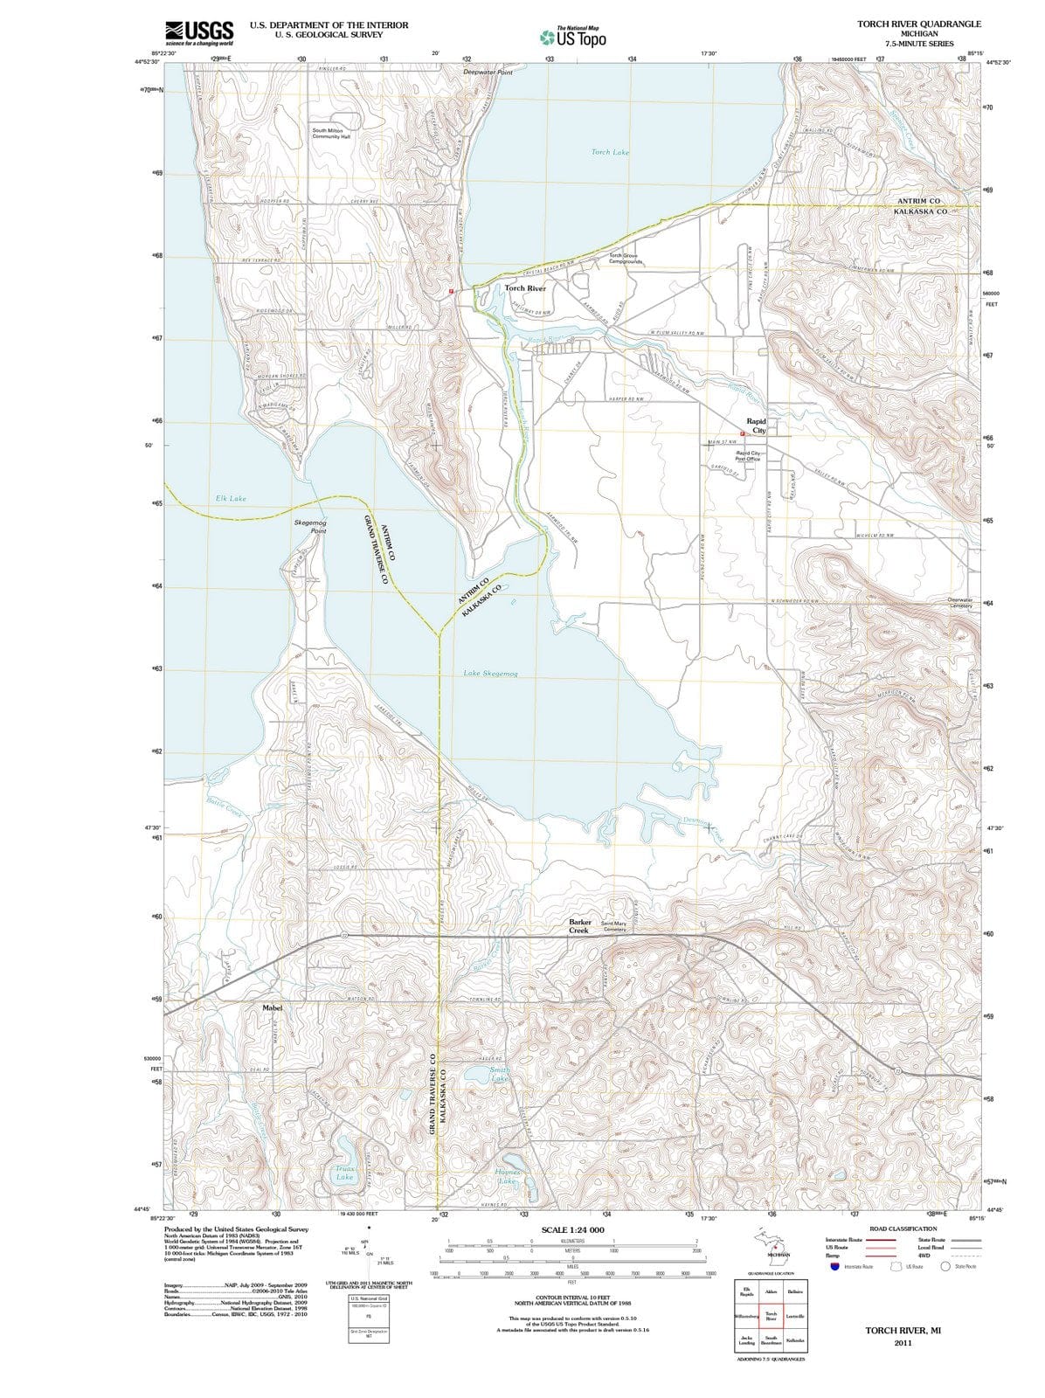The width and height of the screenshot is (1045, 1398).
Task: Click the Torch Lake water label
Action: tap(610, 152)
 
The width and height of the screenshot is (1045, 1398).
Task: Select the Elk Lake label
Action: tap(231, 498)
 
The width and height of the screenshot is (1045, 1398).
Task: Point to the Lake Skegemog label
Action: tap(490, 674)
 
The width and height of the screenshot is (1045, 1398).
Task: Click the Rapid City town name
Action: tap(756, 426)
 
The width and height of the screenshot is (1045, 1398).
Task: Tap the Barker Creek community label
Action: tap(580, 926)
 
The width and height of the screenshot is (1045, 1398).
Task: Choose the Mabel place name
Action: tap(272, 1007)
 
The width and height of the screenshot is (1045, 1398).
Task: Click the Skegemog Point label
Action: tap(310, 526)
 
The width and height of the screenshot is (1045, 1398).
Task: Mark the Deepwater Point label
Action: tap(488, 73)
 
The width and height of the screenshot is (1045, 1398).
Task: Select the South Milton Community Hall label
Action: tap(332, 134)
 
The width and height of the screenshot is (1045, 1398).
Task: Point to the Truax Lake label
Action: tap(344, 1173)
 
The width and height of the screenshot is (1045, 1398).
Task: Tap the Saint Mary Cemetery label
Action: tap(613, 926)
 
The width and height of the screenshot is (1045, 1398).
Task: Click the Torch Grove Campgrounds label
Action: tap(626, 259)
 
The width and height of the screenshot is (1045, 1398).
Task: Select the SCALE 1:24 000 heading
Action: tap(572, 1230)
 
